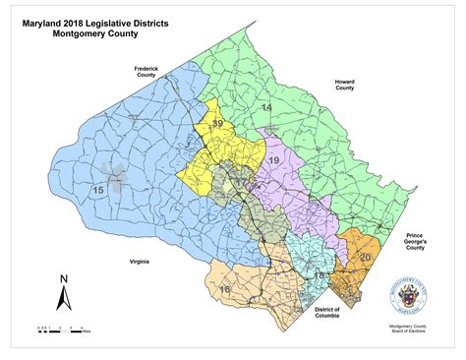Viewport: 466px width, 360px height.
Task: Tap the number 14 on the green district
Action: [265, 106]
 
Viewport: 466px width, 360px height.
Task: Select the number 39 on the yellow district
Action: [217, 123]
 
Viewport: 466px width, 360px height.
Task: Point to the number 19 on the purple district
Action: [274, 159]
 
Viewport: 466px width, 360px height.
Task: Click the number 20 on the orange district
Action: [365, 257]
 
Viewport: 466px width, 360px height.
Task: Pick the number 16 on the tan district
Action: [224, 290]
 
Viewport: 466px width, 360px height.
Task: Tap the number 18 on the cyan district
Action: [318, 278]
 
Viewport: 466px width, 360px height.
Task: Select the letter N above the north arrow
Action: [62, 278]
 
